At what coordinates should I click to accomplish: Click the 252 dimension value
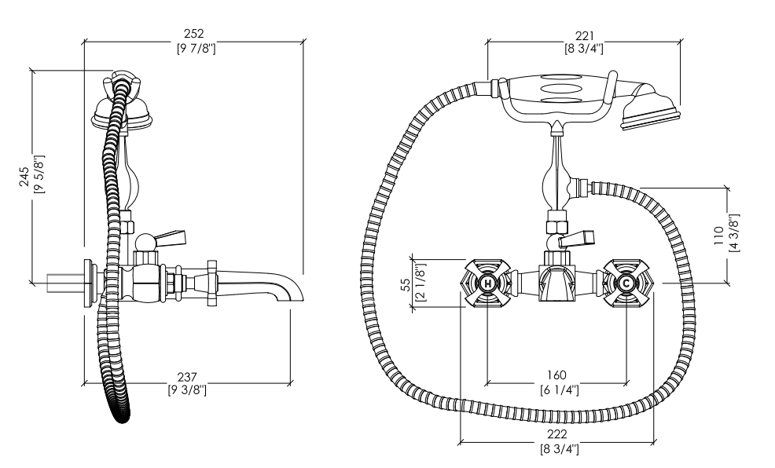pos(193,34)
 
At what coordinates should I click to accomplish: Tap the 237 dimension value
pos(187,377)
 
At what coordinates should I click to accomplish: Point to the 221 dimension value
pos(584,36)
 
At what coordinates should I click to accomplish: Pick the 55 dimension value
pos(406,284)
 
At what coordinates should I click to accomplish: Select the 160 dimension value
pos(557,375)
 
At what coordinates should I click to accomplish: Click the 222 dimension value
pos(557,434)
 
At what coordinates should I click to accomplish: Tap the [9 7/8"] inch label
pos(197,49)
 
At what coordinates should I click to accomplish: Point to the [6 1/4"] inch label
pos(559,389)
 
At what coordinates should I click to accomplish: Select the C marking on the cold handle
pos(626,283)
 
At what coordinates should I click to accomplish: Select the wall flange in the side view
pos(90,283)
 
